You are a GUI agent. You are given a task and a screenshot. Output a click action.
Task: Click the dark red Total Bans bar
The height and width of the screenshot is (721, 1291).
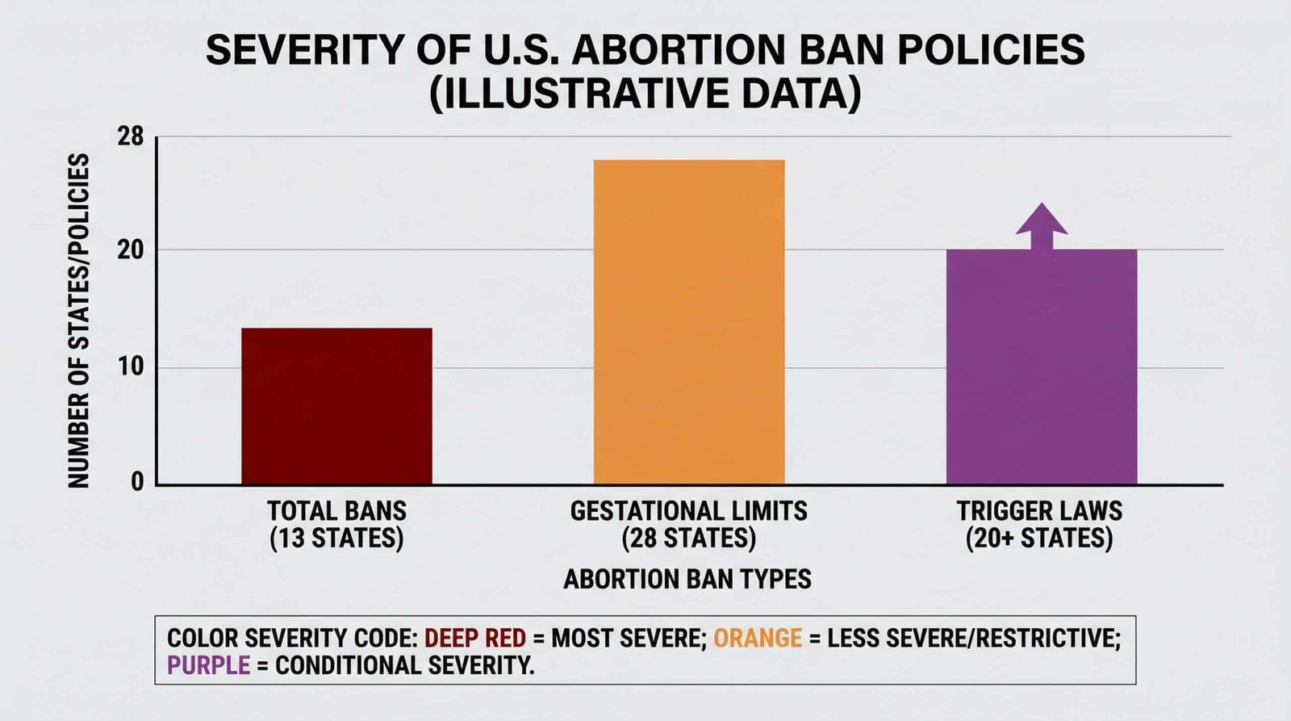pos(336,406)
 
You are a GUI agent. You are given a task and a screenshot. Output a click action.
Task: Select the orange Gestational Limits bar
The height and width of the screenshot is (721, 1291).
pos(689,323)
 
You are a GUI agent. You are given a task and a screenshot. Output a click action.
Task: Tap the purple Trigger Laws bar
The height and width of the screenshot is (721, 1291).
pos(1041,367)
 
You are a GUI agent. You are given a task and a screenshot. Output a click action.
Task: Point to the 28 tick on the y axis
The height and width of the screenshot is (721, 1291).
pos(131,137)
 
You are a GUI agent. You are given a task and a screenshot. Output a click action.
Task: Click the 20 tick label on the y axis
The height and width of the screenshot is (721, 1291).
pos(131,250)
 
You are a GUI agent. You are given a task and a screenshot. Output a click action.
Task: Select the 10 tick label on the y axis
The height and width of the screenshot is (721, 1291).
pos(131,367)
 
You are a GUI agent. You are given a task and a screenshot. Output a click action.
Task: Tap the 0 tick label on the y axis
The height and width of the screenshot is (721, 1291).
pos(137,482)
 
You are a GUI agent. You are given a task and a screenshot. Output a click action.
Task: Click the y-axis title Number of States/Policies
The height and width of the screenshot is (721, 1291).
pos(78,321)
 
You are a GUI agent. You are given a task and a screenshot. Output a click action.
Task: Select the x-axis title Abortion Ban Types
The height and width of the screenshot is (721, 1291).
pos(687,579)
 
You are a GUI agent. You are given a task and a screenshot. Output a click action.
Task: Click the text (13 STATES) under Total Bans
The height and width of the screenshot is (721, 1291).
pos(336,539)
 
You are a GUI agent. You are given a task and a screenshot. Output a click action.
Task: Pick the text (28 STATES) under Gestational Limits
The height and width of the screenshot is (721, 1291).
pos(688,539)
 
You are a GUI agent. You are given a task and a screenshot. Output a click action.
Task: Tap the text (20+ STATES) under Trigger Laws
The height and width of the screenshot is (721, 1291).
pos(1039,539)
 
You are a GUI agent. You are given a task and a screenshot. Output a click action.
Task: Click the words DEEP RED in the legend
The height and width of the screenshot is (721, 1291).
pos(475,638)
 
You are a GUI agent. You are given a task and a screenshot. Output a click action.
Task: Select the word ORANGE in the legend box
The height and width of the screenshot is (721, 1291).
pos(758,638)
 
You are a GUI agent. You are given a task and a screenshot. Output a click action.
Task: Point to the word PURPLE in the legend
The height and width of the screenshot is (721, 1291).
pos(208,665)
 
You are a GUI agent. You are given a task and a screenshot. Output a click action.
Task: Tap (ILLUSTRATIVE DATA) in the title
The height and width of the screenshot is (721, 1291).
pos(645,94)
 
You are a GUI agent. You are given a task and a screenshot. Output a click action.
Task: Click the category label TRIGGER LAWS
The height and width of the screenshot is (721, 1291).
pos(1039,511)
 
